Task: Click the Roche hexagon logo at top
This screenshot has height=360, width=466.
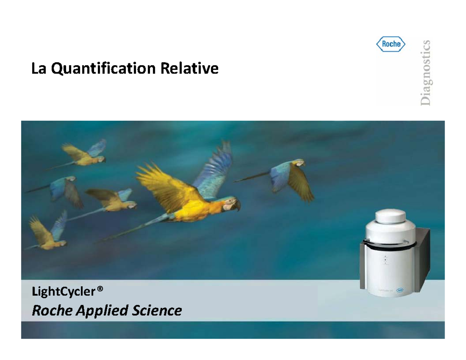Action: click(391, 44)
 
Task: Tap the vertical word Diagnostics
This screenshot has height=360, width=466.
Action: click(426, 72)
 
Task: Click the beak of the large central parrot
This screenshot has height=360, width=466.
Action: click(237, 206)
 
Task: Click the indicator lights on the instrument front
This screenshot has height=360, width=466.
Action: click(386, 260)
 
